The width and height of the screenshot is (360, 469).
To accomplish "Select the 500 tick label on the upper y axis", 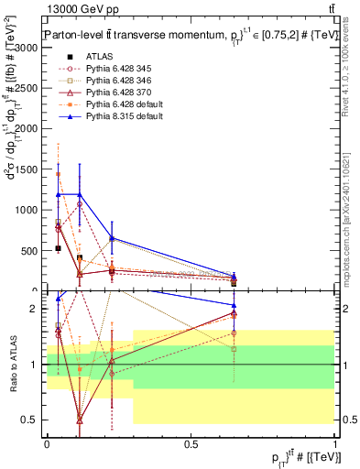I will (x=33, y=250).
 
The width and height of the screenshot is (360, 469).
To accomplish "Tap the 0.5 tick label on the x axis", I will (x=191, y=443).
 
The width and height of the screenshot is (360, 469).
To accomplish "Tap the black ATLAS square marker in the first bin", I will (x=58, y=248).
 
